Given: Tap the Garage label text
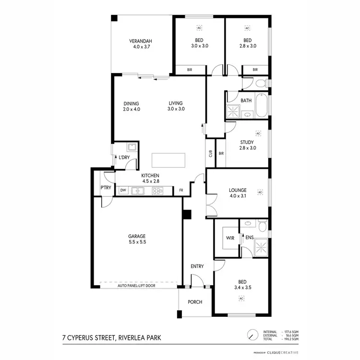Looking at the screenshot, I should coord(137,236).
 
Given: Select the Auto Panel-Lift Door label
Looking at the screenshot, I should coord(137,286).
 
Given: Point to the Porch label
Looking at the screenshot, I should coord(195,302).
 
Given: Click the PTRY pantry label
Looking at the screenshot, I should coord(106,188).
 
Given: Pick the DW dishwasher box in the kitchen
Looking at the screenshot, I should coord(123,191).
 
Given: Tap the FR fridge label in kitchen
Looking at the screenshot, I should coord(181,191).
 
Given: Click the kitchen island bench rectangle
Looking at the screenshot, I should coord(168,160).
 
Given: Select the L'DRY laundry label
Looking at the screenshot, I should coord(124,158).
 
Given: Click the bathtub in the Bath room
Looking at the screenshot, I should coord(262,106).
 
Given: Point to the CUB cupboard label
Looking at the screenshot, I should coord(210,154).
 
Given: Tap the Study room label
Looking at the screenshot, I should coord(247,142).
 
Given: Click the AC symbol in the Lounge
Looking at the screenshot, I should coord(260,192).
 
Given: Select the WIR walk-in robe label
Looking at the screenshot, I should coord(230,237).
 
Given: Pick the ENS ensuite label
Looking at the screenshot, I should coord(249,237).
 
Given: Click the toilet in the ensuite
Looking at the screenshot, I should coord(262,226).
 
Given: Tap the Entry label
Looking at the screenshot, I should coord(197,266).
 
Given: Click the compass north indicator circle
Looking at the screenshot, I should coord(251,335).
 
